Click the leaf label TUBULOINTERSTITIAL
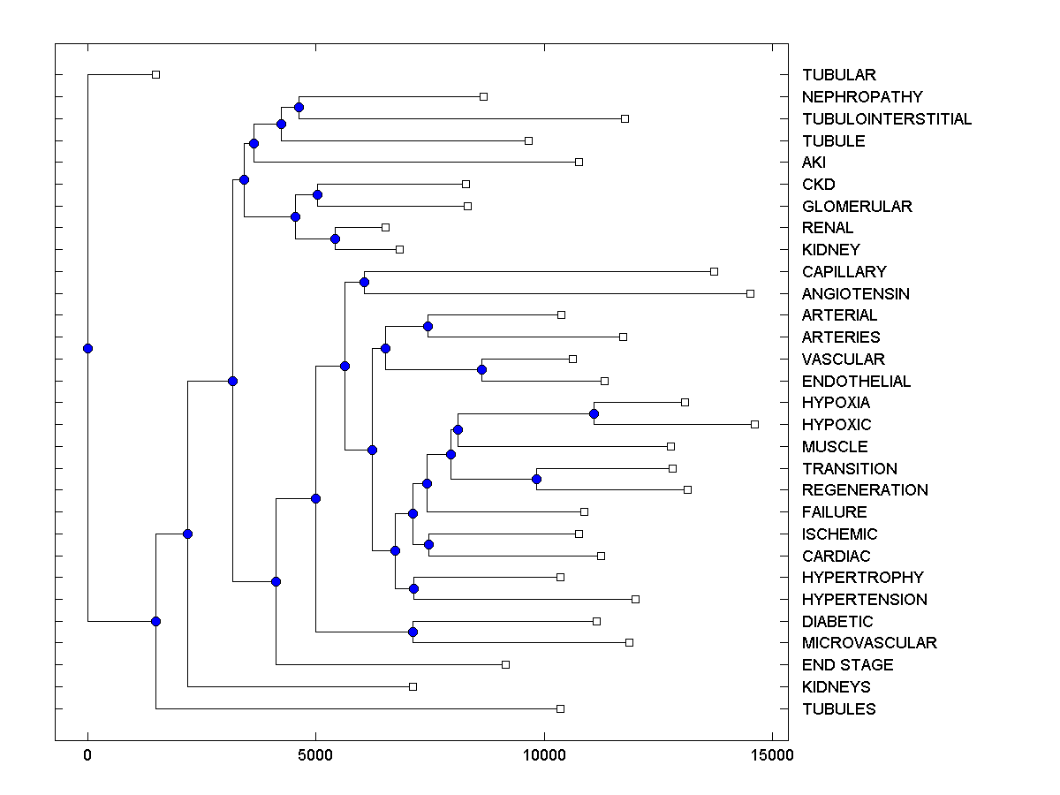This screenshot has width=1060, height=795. (x=887, y=119)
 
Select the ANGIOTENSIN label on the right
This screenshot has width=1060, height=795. (x=855, y=293)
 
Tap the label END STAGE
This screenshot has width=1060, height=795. (x=847, y=665)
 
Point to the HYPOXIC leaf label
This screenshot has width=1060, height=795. (x=837, y=425)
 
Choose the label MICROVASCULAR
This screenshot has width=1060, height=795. (x=869, y=643)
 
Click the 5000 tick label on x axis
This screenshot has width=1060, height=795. (x=315, y=755)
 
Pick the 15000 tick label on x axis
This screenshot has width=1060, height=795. (x=772, y=755)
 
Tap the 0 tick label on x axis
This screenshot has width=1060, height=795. (x=87, y=755)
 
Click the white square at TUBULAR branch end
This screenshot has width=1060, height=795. (x=155, y=74)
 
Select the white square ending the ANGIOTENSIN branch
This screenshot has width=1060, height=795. (x=750, y=293)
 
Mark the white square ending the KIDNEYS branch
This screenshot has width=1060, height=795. (x=413, y=686)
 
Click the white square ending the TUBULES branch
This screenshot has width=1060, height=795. (x=560, y=708)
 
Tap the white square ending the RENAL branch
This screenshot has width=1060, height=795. (x=385, y=227)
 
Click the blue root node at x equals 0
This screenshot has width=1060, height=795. (x=87, y=348)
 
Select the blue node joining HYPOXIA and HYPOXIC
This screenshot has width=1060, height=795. (x=594, y=413)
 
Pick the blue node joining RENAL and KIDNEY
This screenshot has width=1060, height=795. (x=335, y=238)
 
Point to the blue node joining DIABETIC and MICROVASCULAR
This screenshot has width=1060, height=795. (x=413, y=632)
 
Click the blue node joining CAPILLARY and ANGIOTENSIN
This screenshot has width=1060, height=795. (x=364, y=283)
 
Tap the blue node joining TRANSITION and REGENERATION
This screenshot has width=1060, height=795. (x=536, y=479)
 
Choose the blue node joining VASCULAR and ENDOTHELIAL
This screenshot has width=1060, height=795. (x=481, y=369)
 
